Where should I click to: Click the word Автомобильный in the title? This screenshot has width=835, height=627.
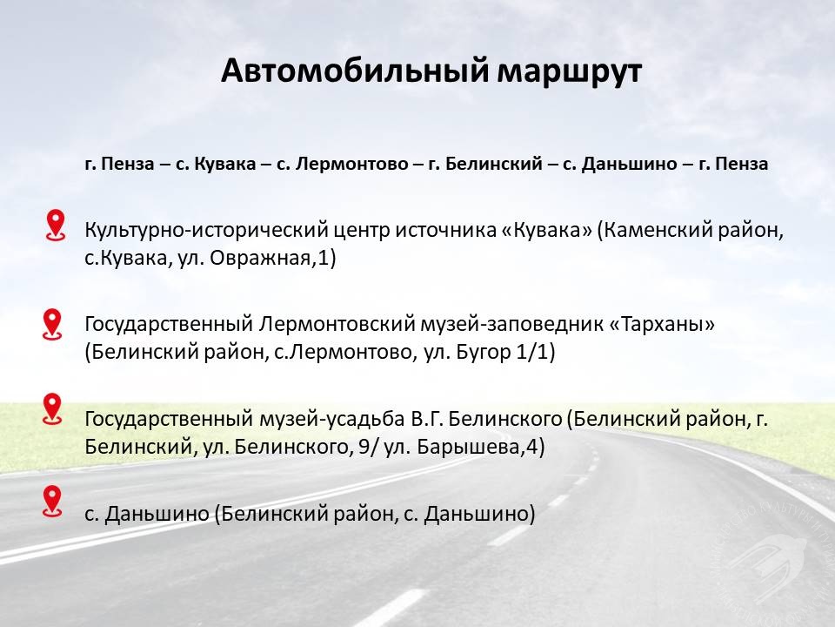pyautogui.click(x=355, y=71)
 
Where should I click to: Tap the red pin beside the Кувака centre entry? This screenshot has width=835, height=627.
pyautogui.click(x=56, y=225)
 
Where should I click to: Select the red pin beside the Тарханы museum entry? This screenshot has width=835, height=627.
pyautogui.click(x=52, y=324)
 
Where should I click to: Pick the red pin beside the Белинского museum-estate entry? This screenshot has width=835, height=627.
pyautogui.click(x=52, y=409)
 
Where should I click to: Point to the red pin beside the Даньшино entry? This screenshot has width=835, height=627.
pyautogui.click(x=52, y=502)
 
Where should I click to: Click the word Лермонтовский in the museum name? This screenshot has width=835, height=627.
pyautogui.click(x=337, y=324)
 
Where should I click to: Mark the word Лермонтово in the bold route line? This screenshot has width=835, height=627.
pyautogui.click(x=351, y=164)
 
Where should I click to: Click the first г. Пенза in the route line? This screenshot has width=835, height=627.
pyautogui.click(x=119, y=164)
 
